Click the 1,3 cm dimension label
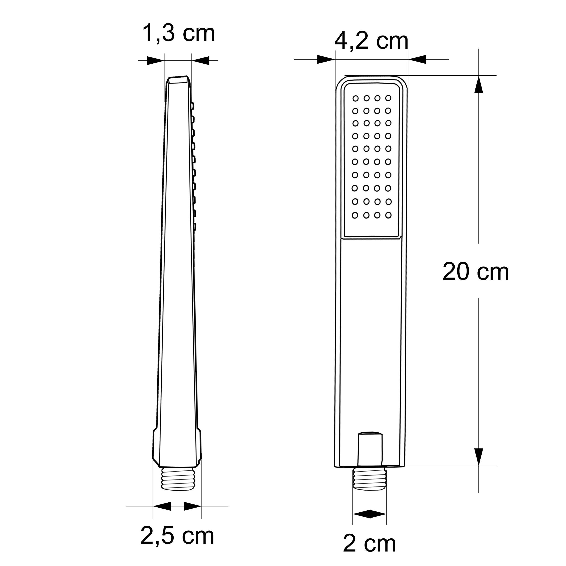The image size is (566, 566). click(178, 34)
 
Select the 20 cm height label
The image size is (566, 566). click(475, 272)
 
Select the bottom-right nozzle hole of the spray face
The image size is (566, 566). click(388, 215)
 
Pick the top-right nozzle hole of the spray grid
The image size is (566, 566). click(388, 98)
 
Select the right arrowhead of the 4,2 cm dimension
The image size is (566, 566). click(417, 59)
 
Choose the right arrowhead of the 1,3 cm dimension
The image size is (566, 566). click(201, 60)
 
